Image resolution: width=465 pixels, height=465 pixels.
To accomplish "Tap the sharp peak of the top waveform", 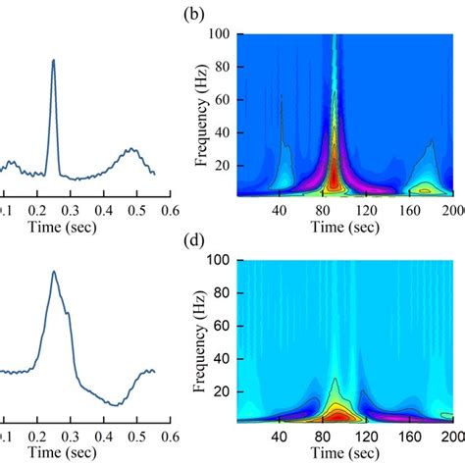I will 53,60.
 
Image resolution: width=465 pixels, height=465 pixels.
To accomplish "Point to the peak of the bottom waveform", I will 54,272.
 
